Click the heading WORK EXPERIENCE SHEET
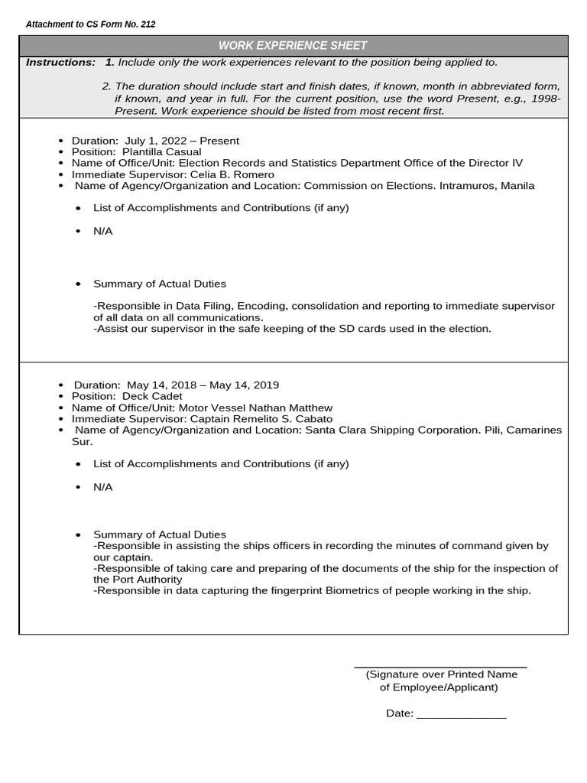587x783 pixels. (293, 46)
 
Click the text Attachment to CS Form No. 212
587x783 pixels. (90, 24)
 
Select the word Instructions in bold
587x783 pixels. (60, 62)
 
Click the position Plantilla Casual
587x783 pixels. (161, 151)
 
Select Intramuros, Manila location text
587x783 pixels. (485, 186)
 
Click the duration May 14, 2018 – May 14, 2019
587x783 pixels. (203, 385)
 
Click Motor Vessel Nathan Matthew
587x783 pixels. (255, 408)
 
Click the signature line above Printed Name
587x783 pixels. (440, 667)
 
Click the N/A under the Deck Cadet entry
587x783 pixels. (102, 487)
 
